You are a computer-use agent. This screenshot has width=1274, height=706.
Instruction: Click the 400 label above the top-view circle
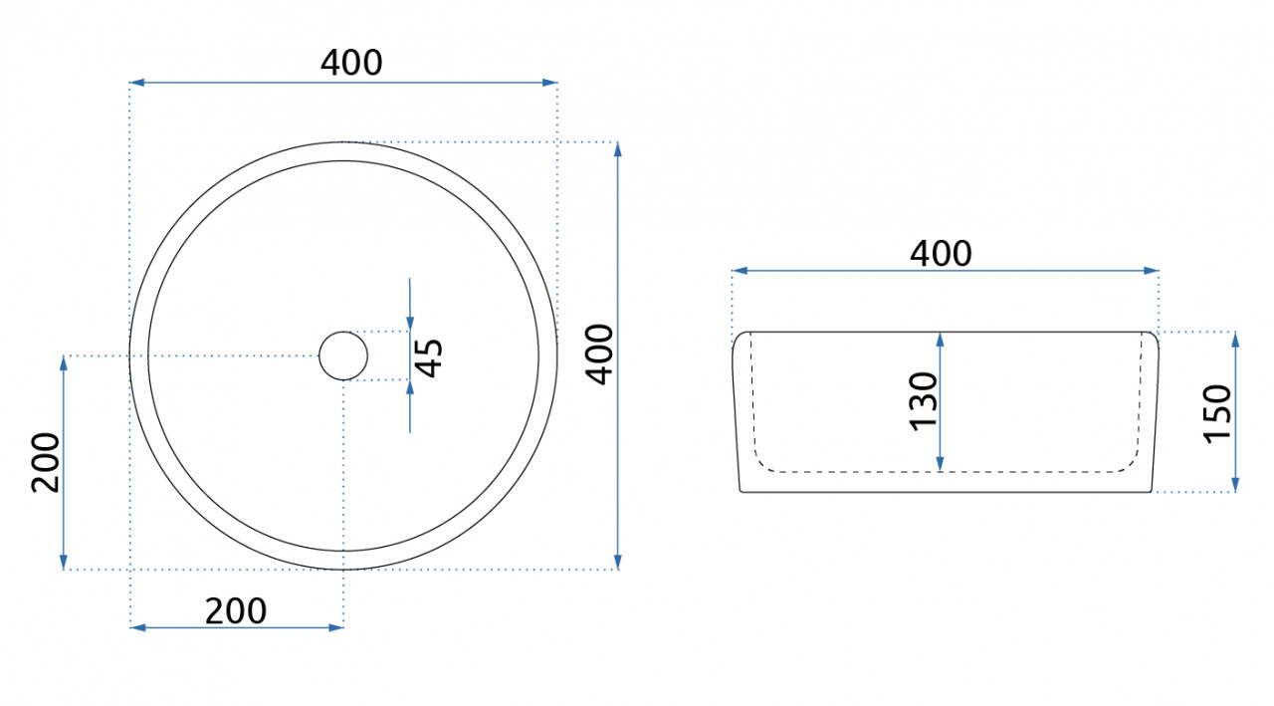pyautogui.click(x=351, y=63)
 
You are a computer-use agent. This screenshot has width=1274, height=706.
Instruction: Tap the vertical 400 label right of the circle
pyautogui.click(x=599, y=354)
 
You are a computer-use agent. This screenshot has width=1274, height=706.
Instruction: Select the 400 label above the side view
pyautogui.click(x=941, y=254)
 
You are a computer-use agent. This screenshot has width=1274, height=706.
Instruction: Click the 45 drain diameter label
pyautogui.click(x=429, y=357)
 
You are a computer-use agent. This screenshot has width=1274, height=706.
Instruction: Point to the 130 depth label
pyautogui.click(x=923, y=401)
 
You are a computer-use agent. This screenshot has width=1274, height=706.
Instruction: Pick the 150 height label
pyautogui.click(x=1217, y=413)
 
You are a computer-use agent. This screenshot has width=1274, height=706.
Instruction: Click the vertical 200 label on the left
pyautogui.click(x=46, y=462)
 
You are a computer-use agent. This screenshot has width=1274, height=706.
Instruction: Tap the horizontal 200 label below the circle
pyautogui.click(x=236, y=611)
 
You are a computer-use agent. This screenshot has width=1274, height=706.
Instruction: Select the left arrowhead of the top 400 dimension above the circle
pyautogui.click(x=136, y=83)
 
